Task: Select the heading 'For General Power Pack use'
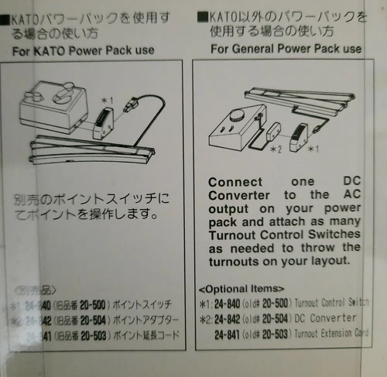click(286, 49)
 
